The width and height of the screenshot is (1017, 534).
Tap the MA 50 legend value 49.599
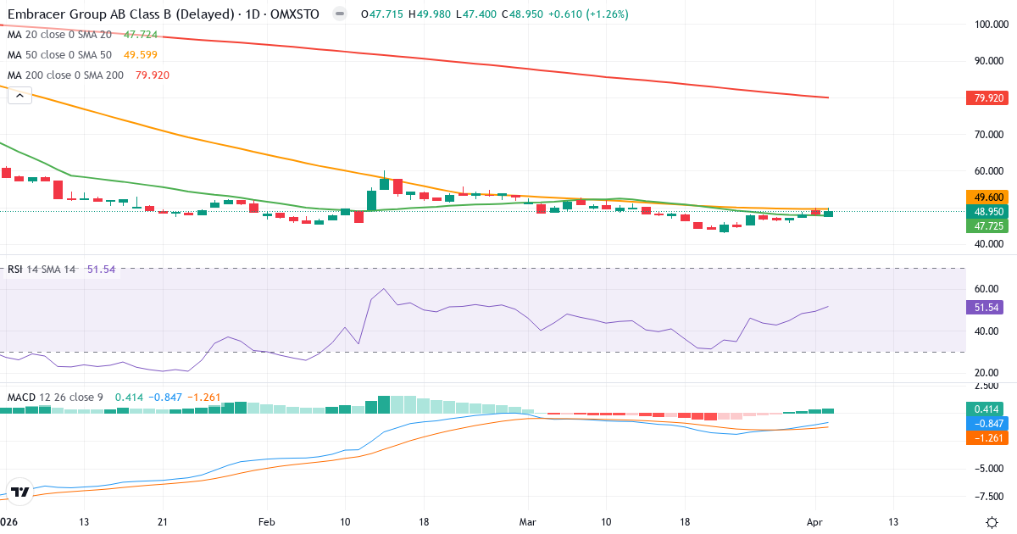140,54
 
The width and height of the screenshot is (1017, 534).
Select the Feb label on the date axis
267,521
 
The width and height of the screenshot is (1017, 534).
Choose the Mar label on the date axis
528,521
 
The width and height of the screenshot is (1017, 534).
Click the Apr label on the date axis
814,521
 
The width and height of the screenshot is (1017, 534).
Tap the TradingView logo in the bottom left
21,492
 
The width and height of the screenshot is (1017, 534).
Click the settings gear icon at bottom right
992,521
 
